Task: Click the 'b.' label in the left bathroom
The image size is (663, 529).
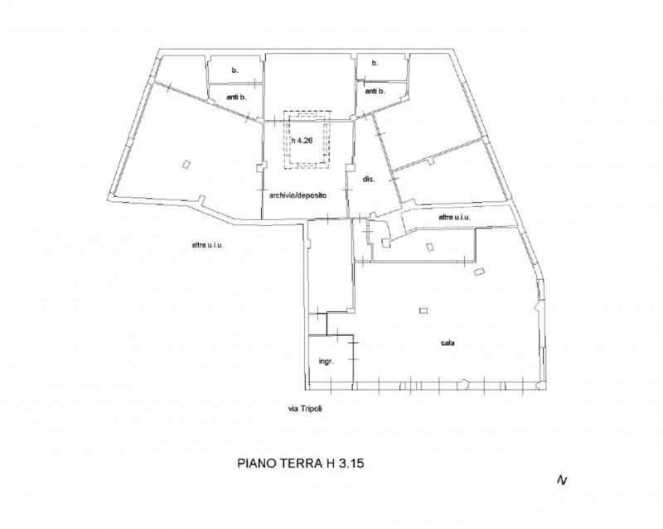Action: (x=235, y=70)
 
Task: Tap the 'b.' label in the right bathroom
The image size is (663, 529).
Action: (x=375, y=64)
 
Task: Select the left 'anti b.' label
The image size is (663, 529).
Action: (x=237, y=97)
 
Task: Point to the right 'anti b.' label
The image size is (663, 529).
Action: (x=375, y=91)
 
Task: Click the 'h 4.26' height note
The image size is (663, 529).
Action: (x=302, y=141)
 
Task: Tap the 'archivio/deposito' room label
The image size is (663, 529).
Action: (x=298, y=195)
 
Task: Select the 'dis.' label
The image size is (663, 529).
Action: (x=369, y=179)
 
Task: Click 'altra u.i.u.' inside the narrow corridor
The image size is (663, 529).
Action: (x=454, y=218)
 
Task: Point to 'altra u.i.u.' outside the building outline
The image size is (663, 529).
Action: (x=208, y=245)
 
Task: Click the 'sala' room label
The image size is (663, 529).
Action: (x=448, y=343)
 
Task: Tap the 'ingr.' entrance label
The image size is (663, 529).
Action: (x=327, y=362)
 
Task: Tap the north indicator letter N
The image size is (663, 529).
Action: (x=562, y=480)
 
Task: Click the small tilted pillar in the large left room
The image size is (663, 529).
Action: (x=186, y=164)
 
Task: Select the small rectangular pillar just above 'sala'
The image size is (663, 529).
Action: (x=423, y=311)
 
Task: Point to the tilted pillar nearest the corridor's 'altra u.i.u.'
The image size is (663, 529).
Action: (x=429, y=247)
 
